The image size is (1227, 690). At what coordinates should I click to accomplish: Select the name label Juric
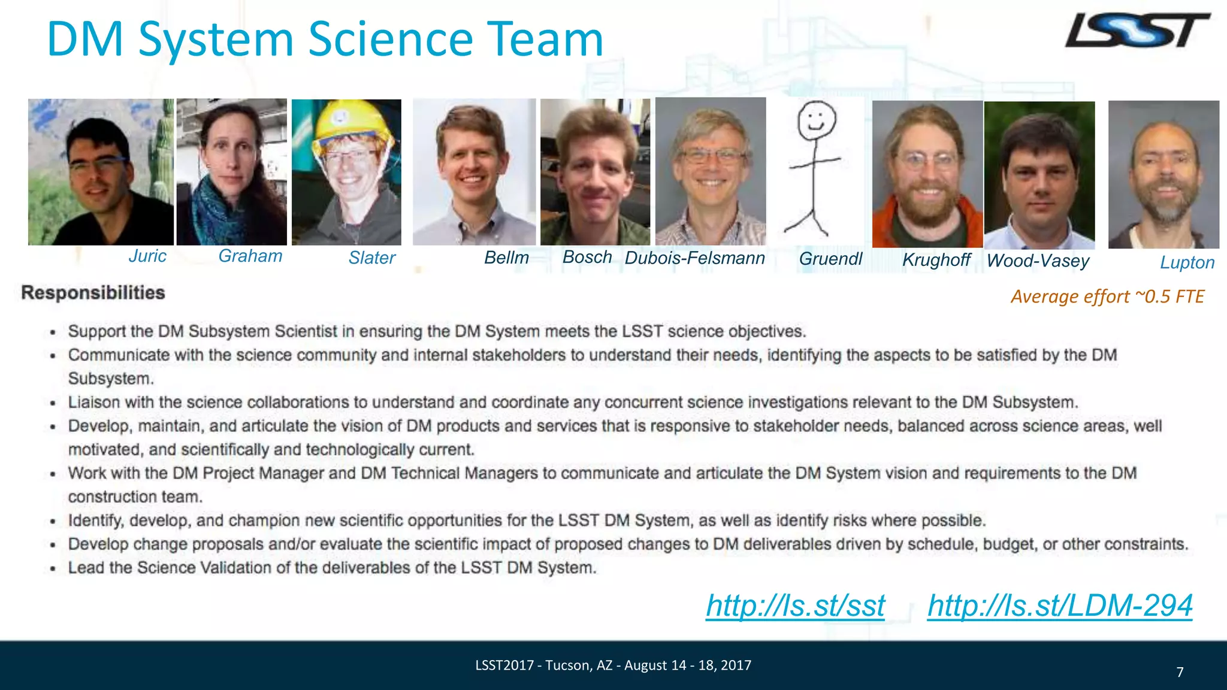[x=147, y=256]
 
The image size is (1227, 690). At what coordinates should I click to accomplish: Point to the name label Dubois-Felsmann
[x=694, y=258]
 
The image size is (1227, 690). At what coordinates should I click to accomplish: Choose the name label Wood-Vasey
[x=1038, y=261]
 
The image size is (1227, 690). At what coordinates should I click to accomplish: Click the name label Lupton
[x=1187, y=262]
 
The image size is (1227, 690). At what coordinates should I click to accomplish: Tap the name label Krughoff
[x=936, y=259]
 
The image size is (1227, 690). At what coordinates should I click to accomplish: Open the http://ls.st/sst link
[x=795, y=606]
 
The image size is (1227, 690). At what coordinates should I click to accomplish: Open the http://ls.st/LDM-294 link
[x=1060, y=606]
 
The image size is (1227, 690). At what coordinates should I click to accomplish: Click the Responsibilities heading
[x=93, y=293]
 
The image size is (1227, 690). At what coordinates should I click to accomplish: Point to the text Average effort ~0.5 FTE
[x=1107, y=296]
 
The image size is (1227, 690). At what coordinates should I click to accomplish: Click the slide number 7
[x=1180, y=672]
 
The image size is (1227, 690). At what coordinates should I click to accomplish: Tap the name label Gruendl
[x=830, y=259]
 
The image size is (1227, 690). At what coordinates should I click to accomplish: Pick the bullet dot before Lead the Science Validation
[x=53, y=568]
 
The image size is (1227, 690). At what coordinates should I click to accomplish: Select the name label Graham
[x=250, y=256]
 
